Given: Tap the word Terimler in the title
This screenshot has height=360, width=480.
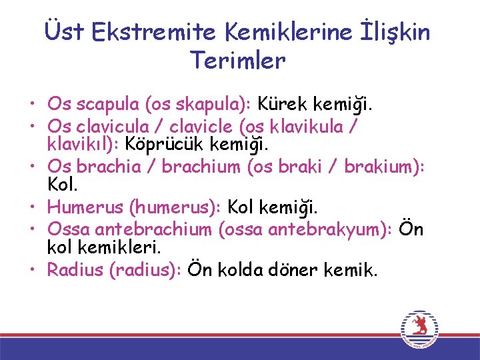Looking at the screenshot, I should pos(238,61).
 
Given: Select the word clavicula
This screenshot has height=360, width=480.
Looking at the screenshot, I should pos(118,126).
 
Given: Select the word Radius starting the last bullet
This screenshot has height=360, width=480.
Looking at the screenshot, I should pos(73,269).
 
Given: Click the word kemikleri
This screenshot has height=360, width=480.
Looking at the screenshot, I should pos(118,247).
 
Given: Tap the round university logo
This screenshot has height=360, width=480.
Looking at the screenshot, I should pos(419,329).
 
